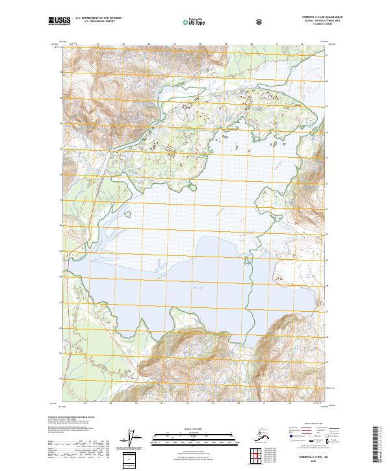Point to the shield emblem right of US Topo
tap(259, 21)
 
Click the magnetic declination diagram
tap(135, 438)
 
